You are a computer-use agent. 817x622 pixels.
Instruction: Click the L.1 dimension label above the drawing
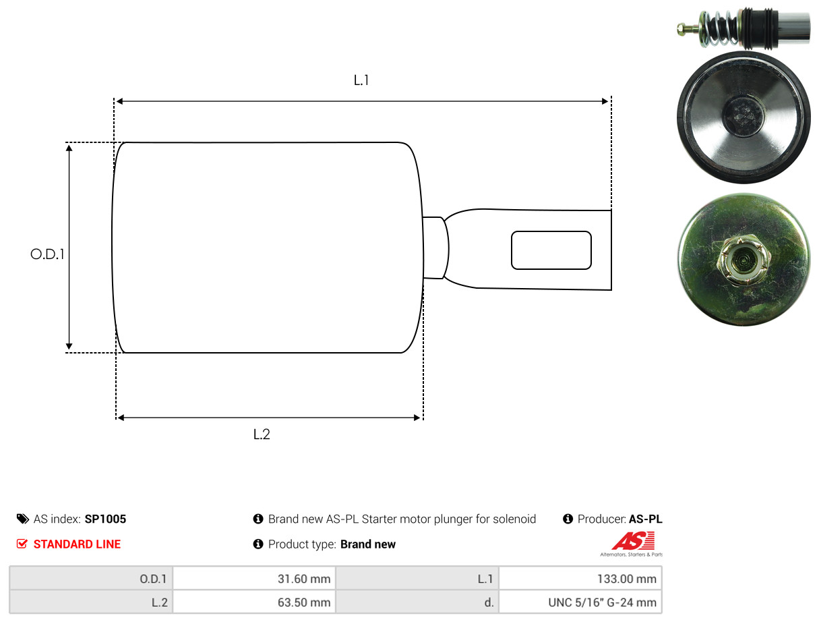tap(361, 80)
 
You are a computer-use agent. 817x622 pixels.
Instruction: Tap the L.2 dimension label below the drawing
tap(262, 434)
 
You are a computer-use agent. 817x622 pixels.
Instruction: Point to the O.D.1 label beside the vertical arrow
tap(47, 254)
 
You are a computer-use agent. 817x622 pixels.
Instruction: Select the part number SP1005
tap(105, 519)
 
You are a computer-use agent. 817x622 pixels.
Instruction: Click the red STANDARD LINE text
tap(77, 544)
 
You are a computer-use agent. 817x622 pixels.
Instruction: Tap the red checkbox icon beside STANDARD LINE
tap(22, 544)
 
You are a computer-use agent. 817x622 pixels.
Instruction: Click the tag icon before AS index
tap(23, 519)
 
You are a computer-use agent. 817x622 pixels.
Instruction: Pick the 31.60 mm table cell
tap(254, 579)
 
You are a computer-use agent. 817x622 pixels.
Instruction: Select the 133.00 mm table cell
tap(580, 579)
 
